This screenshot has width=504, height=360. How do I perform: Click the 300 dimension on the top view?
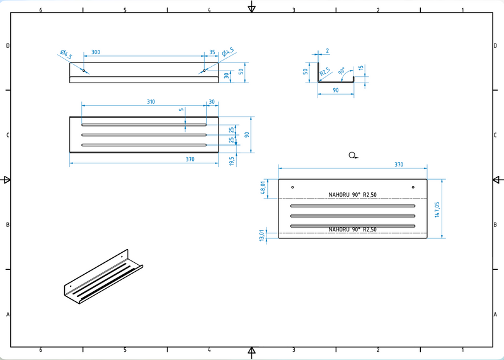tap(96, 52)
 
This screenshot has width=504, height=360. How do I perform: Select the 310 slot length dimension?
tap(151, 102)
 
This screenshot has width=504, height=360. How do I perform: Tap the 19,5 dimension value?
tap(231, 161)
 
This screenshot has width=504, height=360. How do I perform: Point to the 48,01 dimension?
tap(263, 189)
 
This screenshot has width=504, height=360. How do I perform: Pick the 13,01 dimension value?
tap(263, 235)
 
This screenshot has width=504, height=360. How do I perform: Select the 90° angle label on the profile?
tap(342, 72)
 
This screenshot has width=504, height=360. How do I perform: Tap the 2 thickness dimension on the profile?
tap(328, 51)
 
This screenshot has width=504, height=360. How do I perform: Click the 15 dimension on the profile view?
tap(360, 69)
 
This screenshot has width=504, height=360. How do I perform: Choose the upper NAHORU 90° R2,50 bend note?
tap(353, 195)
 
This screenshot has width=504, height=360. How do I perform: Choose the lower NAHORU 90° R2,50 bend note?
tap(353, 229)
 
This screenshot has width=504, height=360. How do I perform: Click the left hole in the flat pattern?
tap(292, 187)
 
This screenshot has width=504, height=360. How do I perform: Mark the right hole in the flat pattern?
tap(413, 187)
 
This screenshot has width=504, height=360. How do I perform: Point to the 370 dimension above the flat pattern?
tap(399, 165)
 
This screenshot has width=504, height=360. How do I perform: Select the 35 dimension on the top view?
tap(212, 52)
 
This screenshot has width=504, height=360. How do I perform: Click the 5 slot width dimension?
tap(182, 110)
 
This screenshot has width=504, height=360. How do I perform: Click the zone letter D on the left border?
tap(8, 45)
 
